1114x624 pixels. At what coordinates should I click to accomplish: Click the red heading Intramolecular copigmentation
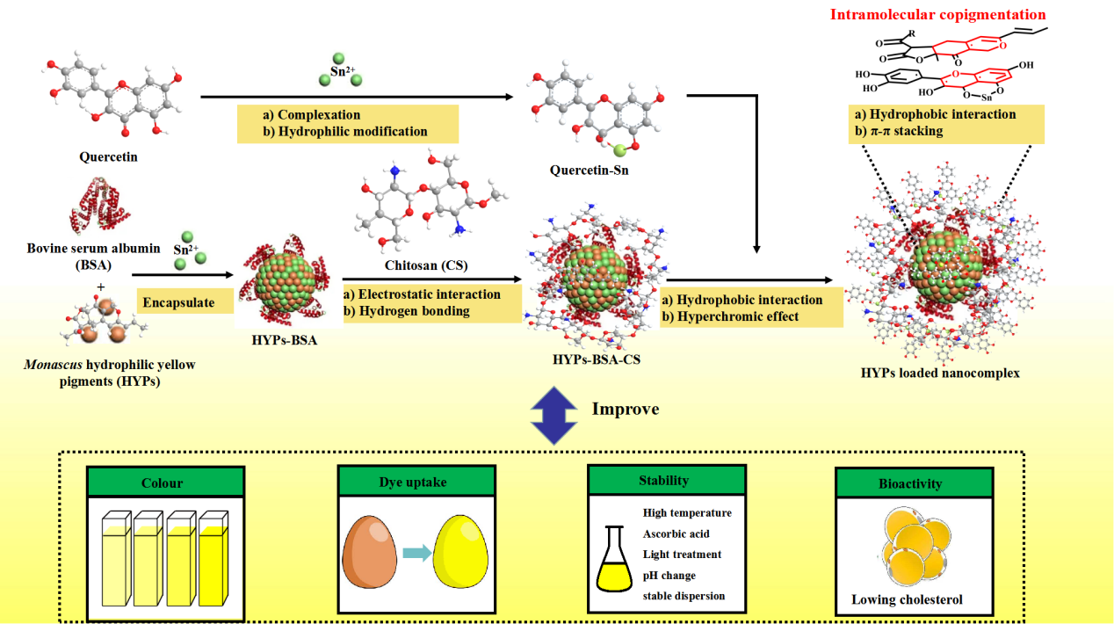point(937,14)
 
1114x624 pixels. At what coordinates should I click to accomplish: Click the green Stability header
point(664,481)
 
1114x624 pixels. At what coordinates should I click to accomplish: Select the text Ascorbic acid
point(676,533)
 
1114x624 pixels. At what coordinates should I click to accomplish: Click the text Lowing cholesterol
point(907,600)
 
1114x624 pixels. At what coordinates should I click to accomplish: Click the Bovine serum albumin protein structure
point(98,208)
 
